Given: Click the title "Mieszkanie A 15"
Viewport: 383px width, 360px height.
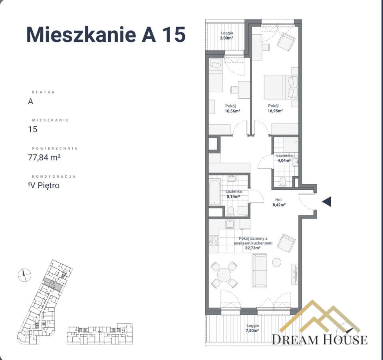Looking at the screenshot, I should click(x=106, y=34).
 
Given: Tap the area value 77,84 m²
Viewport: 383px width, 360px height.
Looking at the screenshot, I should click(x=44, y=157).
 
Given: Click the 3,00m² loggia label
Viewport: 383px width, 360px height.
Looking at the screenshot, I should click(x=227, y=36).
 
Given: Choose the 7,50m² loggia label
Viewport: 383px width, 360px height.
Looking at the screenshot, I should click(x=252, y=328).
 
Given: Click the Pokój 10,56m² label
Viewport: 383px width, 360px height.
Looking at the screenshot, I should click(x=232, y=109).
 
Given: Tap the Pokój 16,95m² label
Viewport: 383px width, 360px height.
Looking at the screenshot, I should click(x=275, y=109).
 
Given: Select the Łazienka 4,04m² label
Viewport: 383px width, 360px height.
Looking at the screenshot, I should click(x=285, y=158).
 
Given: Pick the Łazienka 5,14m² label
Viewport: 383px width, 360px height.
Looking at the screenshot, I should click(x=233, y=194).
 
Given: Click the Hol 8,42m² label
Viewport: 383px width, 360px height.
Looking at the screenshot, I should click(x=278, y=203).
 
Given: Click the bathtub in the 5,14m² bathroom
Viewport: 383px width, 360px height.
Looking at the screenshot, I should click(x=214, y=193).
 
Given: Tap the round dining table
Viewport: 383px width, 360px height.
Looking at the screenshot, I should click(x=225, y=274).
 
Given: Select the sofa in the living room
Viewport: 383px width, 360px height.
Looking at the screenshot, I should click(x=259, y=270).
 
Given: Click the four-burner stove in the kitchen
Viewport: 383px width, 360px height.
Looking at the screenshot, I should click(x=214, y=241).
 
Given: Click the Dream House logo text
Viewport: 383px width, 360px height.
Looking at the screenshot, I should click(x=319, y=340).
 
